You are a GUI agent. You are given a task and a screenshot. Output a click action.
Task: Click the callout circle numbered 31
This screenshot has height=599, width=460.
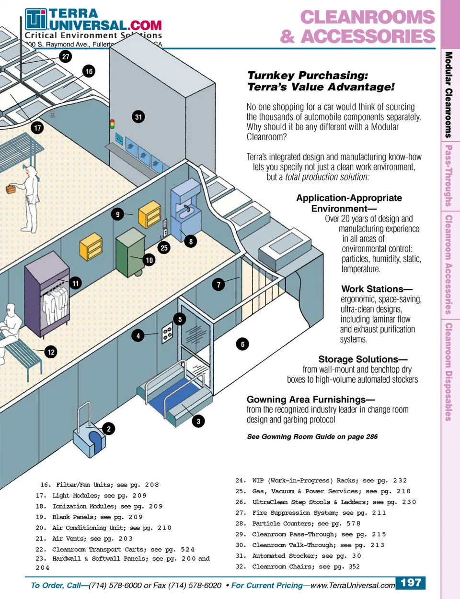coord(138,117)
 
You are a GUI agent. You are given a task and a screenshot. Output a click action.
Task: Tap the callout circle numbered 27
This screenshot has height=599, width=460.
coord(66,56)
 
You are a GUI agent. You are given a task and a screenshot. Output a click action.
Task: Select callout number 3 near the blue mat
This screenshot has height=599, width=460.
coord(198,422)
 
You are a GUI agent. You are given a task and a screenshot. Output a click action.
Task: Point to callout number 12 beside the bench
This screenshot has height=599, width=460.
coord(51,352)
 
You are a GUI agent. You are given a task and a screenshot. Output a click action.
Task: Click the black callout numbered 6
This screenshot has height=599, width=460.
coord(242,344)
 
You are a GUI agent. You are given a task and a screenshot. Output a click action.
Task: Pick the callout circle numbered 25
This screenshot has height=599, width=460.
coord(164,248)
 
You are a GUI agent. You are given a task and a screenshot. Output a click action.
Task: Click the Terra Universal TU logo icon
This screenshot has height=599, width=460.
coord(36,20)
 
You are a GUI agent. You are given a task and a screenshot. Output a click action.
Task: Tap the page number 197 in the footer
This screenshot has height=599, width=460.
coord(411,583)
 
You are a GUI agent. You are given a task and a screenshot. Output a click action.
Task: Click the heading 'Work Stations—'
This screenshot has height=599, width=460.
coord(377,289)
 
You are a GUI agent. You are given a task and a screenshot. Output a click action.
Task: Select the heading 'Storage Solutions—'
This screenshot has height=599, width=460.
coord(363,359)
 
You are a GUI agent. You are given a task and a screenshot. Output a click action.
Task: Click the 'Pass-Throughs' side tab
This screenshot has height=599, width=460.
coord(448,176)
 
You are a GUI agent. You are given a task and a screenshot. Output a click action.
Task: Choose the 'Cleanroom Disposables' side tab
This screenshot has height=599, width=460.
coord(448,372)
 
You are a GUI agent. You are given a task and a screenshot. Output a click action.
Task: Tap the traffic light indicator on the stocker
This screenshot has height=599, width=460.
coord(113,124)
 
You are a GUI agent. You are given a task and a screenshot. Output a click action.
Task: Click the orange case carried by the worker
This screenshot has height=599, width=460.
coord(11,189)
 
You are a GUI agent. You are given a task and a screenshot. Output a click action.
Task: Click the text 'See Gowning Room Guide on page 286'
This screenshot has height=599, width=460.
coord(312,437)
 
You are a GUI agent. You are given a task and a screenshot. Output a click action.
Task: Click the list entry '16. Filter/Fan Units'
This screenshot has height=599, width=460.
coord(100,485)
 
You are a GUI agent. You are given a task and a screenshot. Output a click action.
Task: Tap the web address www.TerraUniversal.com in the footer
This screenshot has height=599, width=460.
coord(353,585)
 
